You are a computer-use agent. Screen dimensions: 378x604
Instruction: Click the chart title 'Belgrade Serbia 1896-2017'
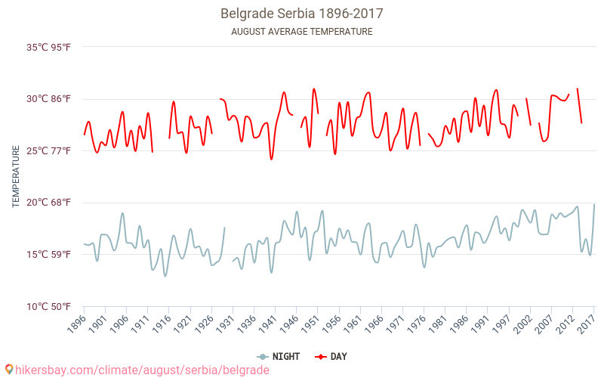coord(302,14)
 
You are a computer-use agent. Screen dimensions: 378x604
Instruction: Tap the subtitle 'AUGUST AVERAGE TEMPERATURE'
coord(302,32)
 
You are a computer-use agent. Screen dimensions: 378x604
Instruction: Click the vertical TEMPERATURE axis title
coord(16,177)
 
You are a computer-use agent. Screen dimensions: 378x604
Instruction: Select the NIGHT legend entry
coord(278,356)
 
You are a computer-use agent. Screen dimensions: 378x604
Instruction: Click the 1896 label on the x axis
coord(75,324)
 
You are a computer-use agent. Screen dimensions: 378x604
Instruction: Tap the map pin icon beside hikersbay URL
coord(8,370)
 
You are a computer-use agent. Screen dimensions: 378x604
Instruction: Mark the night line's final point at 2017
coord(594,204)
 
